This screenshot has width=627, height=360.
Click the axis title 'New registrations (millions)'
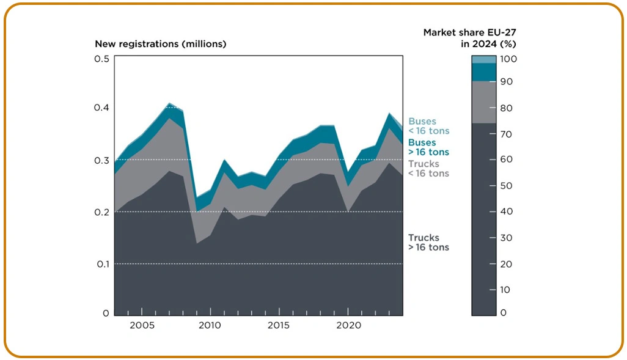(160, 44)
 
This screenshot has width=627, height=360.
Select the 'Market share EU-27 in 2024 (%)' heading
(470, 39)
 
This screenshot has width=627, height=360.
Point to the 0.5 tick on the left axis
(102, 59)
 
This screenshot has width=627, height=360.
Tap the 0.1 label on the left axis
(102, 264)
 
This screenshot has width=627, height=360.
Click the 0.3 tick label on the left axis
(102, 160)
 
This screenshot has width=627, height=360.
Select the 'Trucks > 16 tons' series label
(428, 243)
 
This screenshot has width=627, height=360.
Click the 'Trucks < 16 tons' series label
(428, 169)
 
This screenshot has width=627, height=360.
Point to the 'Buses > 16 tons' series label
(428, 147)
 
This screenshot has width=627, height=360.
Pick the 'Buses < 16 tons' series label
(428, 127)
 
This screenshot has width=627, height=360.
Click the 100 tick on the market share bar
(508, 59)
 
